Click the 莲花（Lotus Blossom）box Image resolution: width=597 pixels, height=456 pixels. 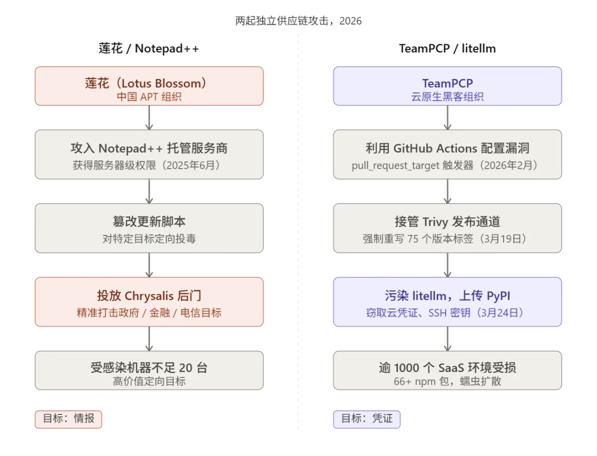pyautogui.click(x=149, y=86)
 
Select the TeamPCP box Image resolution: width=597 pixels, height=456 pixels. pyautogui.click(x=447, y=86)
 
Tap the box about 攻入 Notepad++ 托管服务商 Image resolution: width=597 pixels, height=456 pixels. pyautogui.click(x=149, y=155)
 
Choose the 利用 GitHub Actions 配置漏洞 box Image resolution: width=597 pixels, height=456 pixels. pyautogui.click(x=447, y=155)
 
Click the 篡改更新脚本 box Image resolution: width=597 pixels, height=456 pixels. pyautogui.click(x=149, y=228)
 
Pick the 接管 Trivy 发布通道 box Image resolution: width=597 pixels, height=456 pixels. pyautogui.click(x=447, y=228)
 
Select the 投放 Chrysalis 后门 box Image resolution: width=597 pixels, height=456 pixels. pyautogui.click(x=149, y=302)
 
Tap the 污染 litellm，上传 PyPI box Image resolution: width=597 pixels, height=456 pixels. pyautogui.click(x=447, y=302)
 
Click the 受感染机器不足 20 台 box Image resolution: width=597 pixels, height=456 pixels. pyautogui.click(x=149, y=373)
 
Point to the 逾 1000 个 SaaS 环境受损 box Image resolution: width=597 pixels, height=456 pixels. pyautogui.click(x=447, y=373)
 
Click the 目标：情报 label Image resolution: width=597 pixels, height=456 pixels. pyautogui.click(x=69, y=419)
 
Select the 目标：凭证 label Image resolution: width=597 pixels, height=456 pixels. pyautogui.click(x=366, y=419)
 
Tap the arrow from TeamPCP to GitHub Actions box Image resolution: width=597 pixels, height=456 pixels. pyautogui.click(x=447, y=118)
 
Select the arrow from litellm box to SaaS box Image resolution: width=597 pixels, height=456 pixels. pyautogui.click(x=447, y=338)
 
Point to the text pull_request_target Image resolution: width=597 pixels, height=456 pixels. pyautogui.click(x=395, y=165)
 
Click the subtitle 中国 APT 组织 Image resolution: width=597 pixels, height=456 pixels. pyautogui.click(x=149, y=96)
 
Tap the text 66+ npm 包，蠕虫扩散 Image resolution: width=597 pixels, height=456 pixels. pyautogui.click(x=447, y=381)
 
